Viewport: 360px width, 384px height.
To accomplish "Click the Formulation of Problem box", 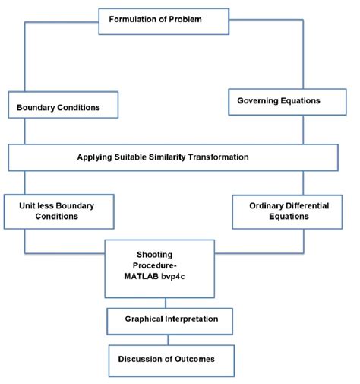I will coord(163,21).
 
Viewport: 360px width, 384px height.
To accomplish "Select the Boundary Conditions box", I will coord(64,107).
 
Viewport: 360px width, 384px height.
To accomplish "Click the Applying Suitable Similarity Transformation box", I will coord(173,157).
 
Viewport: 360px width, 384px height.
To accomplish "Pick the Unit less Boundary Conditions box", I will coord(58,211).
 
